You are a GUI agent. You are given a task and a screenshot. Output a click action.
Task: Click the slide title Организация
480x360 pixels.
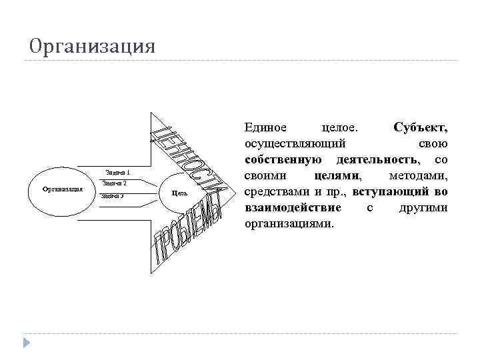[x=92, y=46]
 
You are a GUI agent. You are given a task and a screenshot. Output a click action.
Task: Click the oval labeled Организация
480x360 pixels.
[x=62, y=189]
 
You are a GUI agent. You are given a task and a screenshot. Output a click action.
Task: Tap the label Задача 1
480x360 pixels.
[x=118, y=171]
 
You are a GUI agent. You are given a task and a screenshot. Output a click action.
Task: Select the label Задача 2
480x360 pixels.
[x=115, y=183]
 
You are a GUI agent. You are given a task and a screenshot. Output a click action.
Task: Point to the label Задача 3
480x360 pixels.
[x=112, y=196]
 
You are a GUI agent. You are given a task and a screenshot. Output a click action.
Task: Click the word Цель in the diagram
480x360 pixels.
[x=179, y=192]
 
